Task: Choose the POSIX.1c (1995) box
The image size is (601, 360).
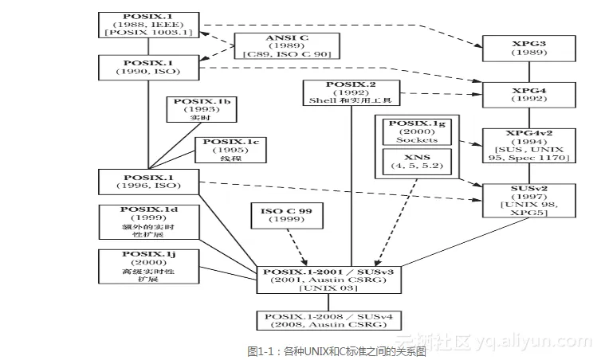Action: (230, 149)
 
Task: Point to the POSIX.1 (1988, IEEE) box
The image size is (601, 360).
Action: (147, 24)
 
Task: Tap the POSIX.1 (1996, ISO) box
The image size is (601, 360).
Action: (147, 181)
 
